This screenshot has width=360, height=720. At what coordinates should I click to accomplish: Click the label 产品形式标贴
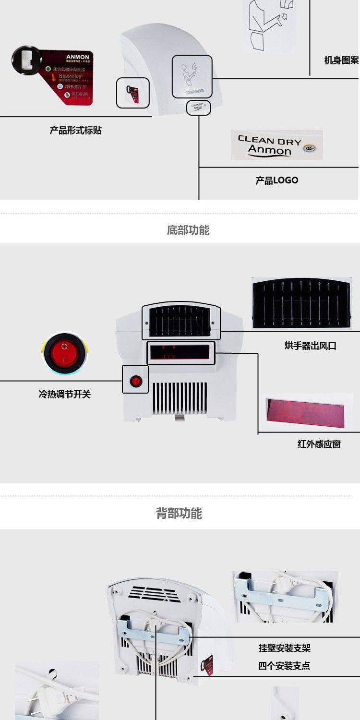coord(75,130)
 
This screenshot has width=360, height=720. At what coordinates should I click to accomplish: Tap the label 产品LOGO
coord(276,180)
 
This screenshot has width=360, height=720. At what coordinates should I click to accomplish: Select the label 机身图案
coord(341,60)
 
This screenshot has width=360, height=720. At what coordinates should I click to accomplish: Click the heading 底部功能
coord(188,230)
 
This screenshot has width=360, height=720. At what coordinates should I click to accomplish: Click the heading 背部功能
coord(179,514)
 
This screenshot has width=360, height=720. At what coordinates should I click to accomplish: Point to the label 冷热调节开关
coord(64,395)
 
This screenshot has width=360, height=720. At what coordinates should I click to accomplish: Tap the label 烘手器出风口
coord(310,346)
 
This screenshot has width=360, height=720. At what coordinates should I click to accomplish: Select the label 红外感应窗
coord(319,444)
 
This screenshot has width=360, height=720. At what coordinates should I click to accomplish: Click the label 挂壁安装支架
coord(285,648)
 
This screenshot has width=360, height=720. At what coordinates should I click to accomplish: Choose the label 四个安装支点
coord(284,666)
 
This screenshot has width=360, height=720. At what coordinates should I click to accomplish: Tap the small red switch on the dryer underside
coord(136,382)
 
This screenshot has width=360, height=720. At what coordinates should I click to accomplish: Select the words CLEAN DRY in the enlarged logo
coord(269,141)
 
